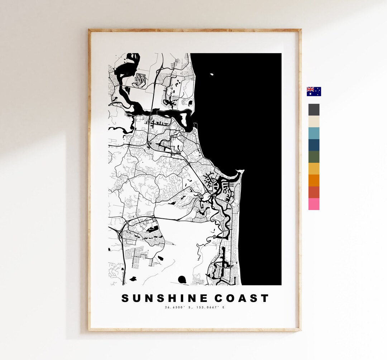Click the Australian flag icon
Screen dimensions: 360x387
[x=314, y=91]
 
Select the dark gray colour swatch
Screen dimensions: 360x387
[x=314, y=110]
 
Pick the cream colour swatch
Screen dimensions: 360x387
[x=314, y=122]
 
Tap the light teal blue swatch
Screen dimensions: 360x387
[x=314, y=133]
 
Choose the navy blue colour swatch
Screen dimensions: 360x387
[x=314, y=145]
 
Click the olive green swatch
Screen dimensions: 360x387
[x=314, y=157]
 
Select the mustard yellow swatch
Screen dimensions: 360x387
[x=314, y=169]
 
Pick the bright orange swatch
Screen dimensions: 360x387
[x=314, y=180]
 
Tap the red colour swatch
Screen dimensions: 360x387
[x=314, y=192]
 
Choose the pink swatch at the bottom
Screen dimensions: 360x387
[x=314, y=204]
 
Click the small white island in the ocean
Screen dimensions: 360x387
[x=212, y=74]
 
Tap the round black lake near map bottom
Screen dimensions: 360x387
[x=182, y=279]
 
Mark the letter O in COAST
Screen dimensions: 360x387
[x=232, y=298]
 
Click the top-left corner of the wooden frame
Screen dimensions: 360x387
[x=89, y=30]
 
